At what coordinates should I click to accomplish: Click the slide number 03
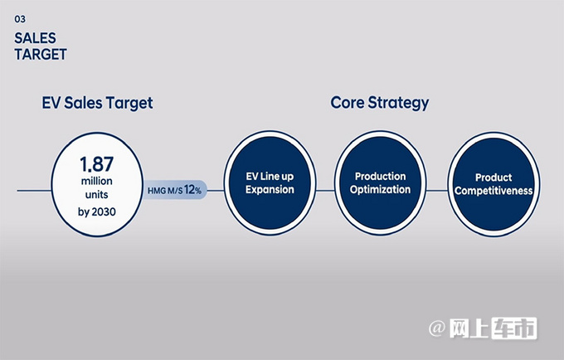[x=20, y=19]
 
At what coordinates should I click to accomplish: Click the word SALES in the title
[x=35, y=38]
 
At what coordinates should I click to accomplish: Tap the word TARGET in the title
[x=41, y=54]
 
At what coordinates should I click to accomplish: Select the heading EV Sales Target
[x=98, y=103]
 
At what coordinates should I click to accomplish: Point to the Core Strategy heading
[x=380, y=103]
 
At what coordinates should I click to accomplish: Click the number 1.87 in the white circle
[x=97, y=164]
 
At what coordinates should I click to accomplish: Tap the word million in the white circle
[x=97, y=181]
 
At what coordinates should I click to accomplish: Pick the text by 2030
[x=97, y=212]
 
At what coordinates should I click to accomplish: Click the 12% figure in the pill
[x=192, y=189]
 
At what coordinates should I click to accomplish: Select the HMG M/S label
[x=165, y=191]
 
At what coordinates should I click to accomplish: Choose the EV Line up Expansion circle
[x=270, y=182]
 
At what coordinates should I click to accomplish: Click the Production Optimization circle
[x=380, y=182]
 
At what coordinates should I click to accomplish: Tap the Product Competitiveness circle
[x=494, y=184]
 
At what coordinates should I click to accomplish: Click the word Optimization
[x=380, y=189]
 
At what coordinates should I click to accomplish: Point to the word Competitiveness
[x=494, y=191]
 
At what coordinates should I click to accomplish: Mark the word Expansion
[x=270, y=189]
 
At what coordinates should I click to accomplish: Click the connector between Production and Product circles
[x=437, y=191]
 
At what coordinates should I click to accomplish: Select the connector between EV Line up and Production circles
[x=325, y=191]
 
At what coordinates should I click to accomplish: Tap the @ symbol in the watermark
[x=437, y=328]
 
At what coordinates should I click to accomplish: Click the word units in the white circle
[x=97, y=195]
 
